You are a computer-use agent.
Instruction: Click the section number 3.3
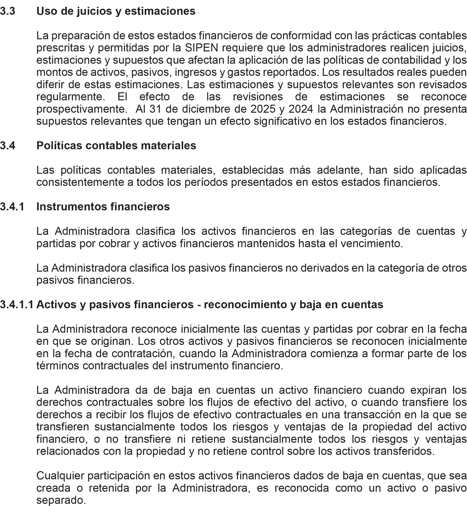tap(8, 11)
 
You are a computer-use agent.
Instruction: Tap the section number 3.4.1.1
tap(17, 305)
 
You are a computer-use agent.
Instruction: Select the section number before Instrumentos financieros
tap(12, 207)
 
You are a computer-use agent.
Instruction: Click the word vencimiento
tap(371, 244)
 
